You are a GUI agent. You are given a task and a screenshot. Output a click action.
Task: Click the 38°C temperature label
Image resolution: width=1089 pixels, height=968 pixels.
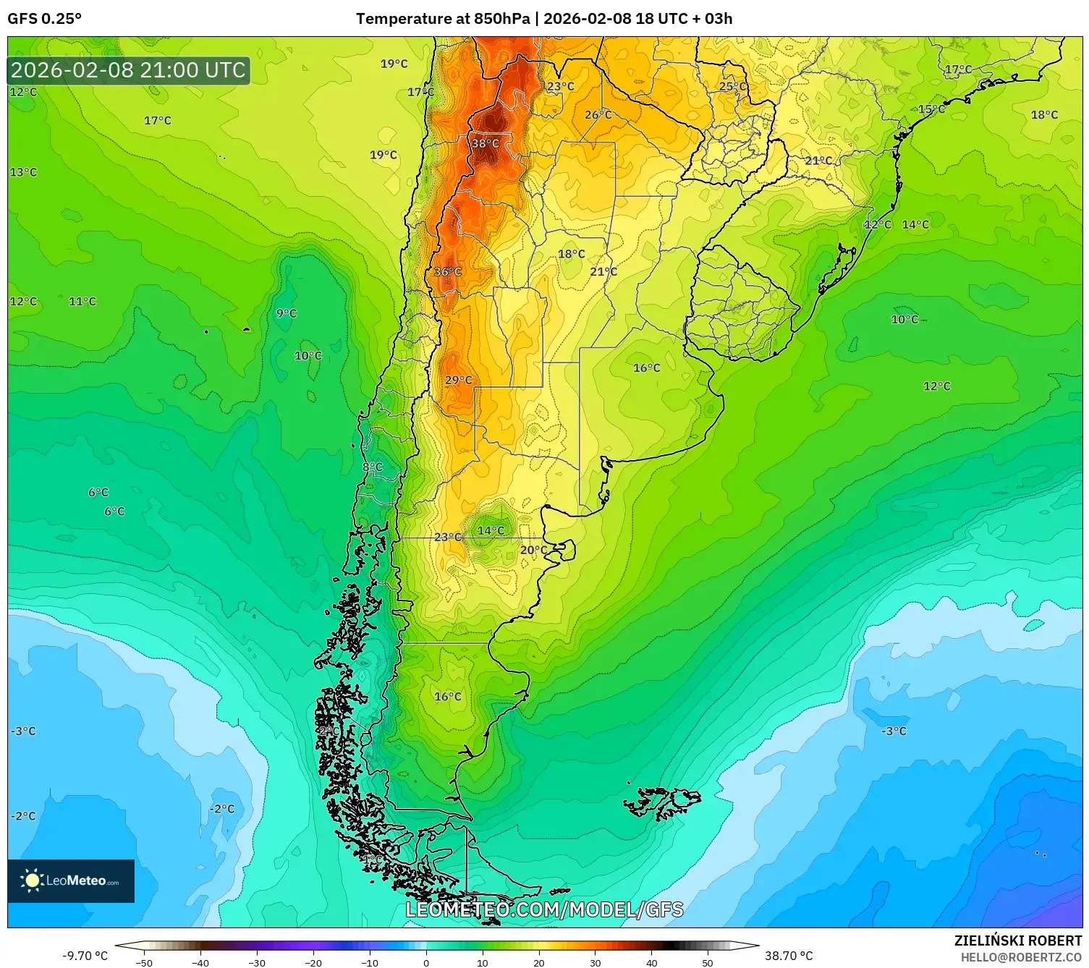(x=485, y=143)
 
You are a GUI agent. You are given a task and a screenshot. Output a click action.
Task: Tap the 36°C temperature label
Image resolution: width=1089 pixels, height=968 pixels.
(x=447, y=272)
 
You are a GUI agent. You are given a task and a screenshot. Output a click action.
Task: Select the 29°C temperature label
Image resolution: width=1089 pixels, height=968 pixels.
(x=458, y=380)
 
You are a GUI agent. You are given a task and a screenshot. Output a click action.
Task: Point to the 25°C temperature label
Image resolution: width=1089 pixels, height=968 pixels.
(x=732, y=86)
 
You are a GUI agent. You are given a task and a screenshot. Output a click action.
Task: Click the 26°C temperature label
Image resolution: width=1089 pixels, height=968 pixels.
(x=598, y=115)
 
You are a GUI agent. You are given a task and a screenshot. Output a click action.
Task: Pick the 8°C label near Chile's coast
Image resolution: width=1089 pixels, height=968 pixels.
(x=372, y=467)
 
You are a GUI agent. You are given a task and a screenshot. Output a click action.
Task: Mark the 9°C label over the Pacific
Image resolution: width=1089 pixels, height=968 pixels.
(x=286, y=313)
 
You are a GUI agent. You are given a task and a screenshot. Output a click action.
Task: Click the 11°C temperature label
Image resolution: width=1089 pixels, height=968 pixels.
(x=82, y=302)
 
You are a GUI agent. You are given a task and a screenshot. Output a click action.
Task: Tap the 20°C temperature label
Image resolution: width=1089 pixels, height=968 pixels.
(x=533, y=550)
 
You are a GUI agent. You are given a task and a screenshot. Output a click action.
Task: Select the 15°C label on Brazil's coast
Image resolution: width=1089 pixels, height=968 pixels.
(x=931, y=110)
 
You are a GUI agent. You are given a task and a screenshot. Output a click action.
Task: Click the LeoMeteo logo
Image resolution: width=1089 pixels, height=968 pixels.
(x=71, y=880)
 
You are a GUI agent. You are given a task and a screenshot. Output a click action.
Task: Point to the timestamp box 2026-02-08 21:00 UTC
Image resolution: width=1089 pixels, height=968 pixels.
(x=129, y=70)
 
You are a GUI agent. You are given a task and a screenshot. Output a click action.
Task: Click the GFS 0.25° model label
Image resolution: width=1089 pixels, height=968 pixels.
(x=44, y=19)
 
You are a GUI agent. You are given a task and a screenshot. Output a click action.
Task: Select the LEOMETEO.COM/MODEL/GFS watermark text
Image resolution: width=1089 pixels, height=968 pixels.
(x=544, y=909)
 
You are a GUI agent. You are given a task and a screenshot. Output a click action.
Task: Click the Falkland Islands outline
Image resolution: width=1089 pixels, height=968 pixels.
(x=662, y=802)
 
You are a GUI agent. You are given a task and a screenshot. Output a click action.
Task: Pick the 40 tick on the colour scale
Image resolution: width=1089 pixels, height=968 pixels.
(x=651, y=962)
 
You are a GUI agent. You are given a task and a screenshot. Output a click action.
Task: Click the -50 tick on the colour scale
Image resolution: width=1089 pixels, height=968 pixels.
(x=144, y=962)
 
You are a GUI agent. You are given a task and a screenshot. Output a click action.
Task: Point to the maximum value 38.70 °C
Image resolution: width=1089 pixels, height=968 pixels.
(x=789, y=956)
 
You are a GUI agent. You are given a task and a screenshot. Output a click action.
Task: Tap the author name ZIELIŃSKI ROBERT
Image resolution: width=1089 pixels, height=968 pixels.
(x=1017, y=941)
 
